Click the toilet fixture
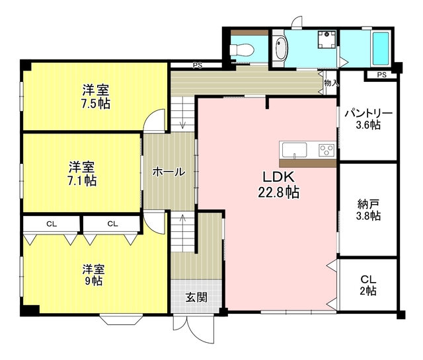pyautogui.click(x=241, y=50)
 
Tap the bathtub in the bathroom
pyautogui.click(x=381, y=48)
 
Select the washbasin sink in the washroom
pyautogui.click(x=281, y=48)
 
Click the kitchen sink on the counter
pyautogui.click(x=294, y=150)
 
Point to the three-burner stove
pyautogui.click(x=327, y=150)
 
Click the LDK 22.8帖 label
pyautogui.click(x=279, y=184)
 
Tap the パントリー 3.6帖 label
pyautogui.click(x=368, y=119)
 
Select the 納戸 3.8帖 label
pyautogui.click(x=369, y=210)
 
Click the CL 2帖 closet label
pyautogui.click(x=368, y=285)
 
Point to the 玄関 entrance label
pyautogui.click(x=197, y=297)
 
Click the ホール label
pyautogui.click(x=169, y=172)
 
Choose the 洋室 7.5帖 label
pyautogui.click(x=96, y=96)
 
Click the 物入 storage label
pyautogui.click(x=331, y=83)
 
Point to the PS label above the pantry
pyautogui.click(x=382, y=75)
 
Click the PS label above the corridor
pyautogui.click(x=197, y=65)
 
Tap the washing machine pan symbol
pyautogui.click(x=327, y=40)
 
